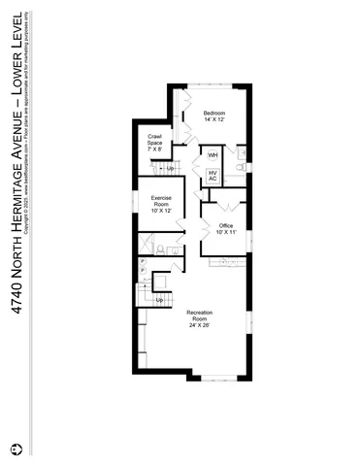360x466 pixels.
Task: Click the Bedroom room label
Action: tap(214, 114)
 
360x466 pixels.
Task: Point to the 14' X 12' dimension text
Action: tap(214, 120)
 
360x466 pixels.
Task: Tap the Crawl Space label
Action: tap(155, 140)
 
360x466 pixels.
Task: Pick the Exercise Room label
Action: tap(161, 201)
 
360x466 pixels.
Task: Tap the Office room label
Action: tap(226, 225)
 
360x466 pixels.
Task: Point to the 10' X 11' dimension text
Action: tap(226, 233)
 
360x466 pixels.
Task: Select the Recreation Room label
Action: tap(199, 316)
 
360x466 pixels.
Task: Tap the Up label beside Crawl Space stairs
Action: tap(170, 169)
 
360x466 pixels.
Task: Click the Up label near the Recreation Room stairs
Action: tap(160, 300)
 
